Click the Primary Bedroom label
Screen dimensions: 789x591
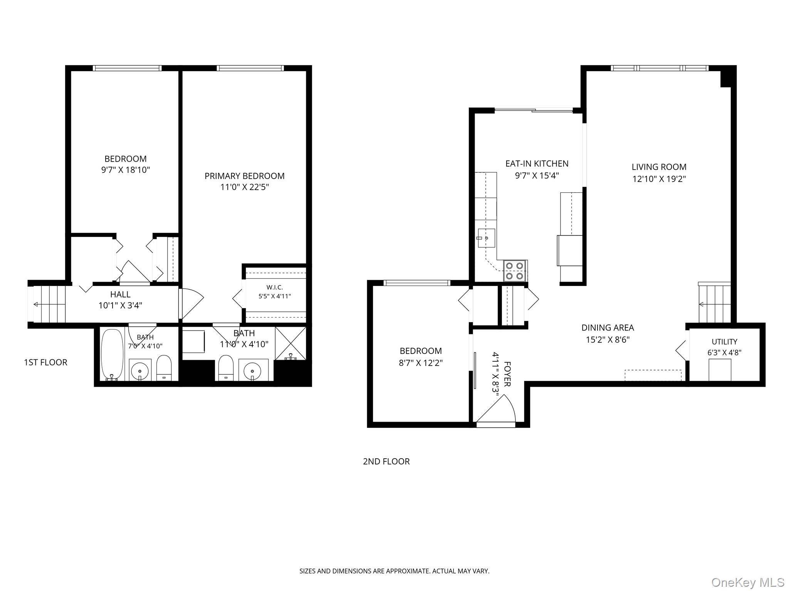tap(244, 176)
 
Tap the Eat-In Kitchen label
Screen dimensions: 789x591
tap(537, 164)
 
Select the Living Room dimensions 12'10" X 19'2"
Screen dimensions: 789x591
tap(659, 179)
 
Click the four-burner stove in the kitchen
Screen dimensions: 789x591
tap(515, 270)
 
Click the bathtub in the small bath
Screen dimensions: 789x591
tap(112, 354)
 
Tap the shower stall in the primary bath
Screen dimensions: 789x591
tap(291, 343)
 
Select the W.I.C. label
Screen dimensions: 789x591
tap(275, 287)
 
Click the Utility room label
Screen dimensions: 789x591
tap(724, 342)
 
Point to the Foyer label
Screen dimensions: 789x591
tap(507, 374)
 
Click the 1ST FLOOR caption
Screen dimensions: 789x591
tap(45, 362)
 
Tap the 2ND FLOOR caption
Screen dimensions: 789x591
tap(386, 461)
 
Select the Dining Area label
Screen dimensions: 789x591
tap(608, 328)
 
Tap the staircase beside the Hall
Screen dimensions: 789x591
tap(49, 304)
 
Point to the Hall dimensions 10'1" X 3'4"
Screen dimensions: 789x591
tap(120, 306)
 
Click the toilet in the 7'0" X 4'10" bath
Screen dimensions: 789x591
tap(164, 368)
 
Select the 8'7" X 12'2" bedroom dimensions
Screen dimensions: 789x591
tap(421, 362)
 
